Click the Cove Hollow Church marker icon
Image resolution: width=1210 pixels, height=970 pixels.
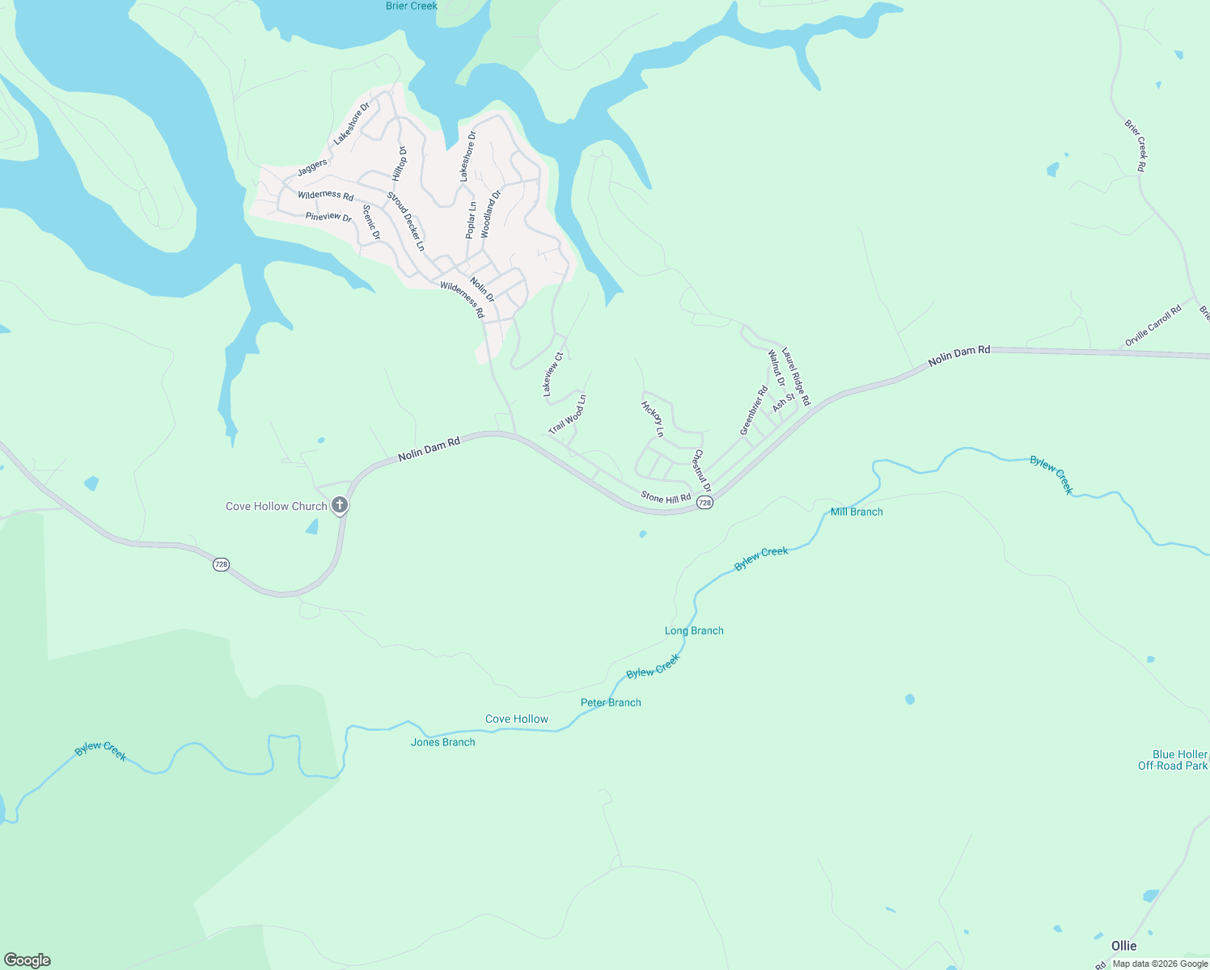pos(340,506)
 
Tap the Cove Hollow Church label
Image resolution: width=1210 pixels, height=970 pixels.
pos(276,507)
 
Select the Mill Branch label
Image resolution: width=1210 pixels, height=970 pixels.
pos(857,512)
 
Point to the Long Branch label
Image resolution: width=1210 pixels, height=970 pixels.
pos(694,630)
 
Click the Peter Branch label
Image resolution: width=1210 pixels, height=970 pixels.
pos(611,702)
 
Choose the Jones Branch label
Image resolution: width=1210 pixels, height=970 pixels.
pos(442,742)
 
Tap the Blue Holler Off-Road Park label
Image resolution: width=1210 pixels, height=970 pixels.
pos(1172,760)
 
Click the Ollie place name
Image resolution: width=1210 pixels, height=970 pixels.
pos(1123,946)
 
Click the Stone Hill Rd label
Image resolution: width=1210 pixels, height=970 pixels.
pos(666,497)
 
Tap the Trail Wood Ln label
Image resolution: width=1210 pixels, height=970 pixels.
pos(567,415)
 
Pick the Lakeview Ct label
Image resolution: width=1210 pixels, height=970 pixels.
pos(552,374)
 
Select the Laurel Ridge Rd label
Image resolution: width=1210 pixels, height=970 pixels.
pos(796,377)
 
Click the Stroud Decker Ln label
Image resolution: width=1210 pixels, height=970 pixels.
pos(405,221)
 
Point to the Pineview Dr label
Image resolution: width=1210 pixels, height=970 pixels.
pos(328,217)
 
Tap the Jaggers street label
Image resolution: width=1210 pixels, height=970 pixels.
pos(312,167)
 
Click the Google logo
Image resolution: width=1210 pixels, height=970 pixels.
pos(27,960)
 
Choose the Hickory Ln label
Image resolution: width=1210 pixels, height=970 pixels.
pos(652,419)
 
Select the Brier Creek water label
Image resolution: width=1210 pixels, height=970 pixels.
pos(412,6)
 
